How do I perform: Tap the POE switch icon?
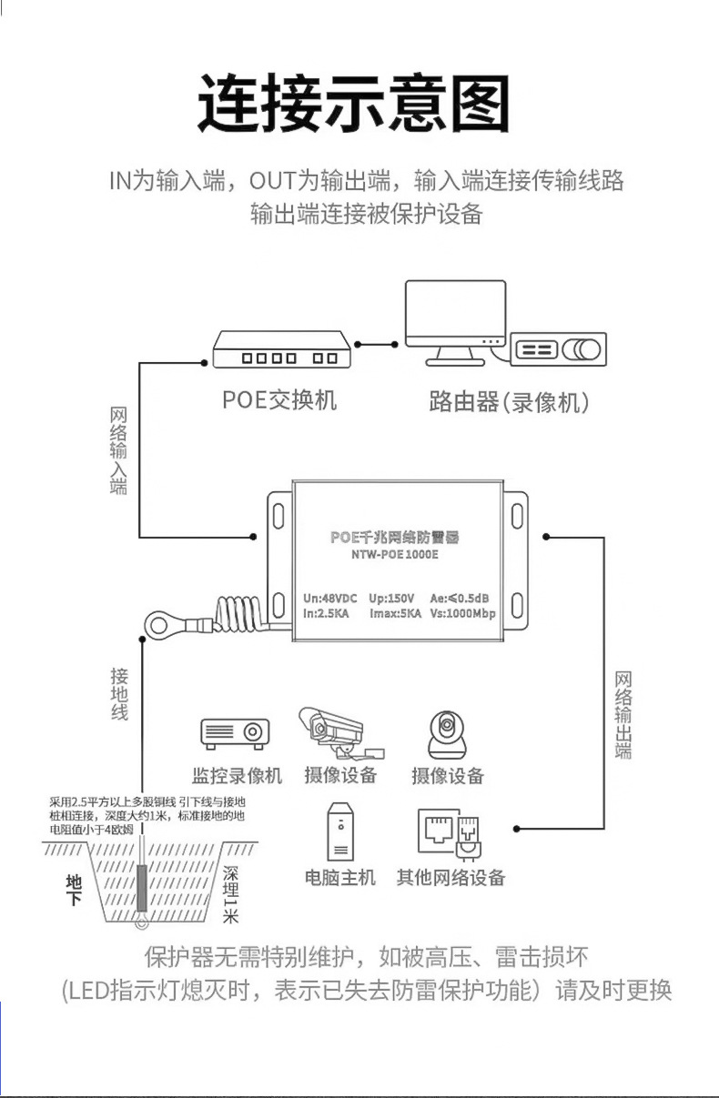coord(281,349)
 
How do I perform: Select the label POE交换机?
coord(279,400)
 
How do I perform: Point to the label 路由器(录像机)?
coord(509,401)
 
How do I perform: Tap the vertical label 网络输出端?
coord(623,715)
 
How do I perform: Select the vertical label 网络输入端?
coord(118,450)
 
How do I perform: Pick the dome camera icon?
coord(447,734)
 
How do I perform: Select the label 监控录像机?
coord(237,776)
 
